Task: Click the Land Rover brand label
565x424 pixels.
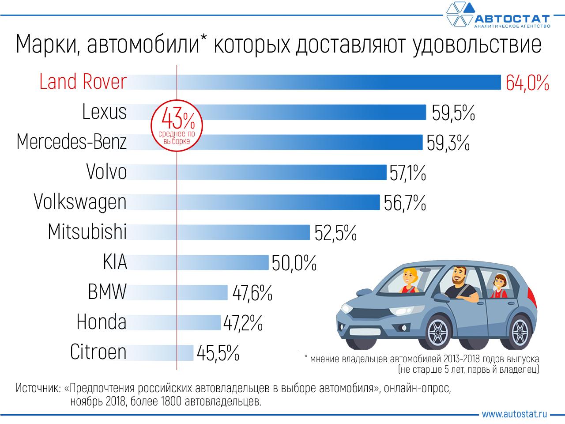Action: coord(83,82)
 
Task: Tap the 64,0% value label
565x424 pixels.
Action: coord(527,83)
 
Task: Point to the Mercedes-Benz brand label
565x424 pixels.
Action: coord(72,142)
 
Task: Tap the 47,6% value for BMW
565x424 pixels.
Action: coord(250,292)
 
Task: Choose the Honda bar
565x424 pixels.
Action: coord(177,322)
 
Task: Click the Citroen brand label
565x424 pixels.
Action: coord(98,352)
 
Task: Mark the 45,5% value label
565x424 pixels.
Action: coord(218,352)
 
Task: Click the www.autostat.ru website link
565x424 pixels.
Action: coord(514,414)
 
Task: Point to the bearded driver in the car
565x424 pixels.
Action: coord(459,283)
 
